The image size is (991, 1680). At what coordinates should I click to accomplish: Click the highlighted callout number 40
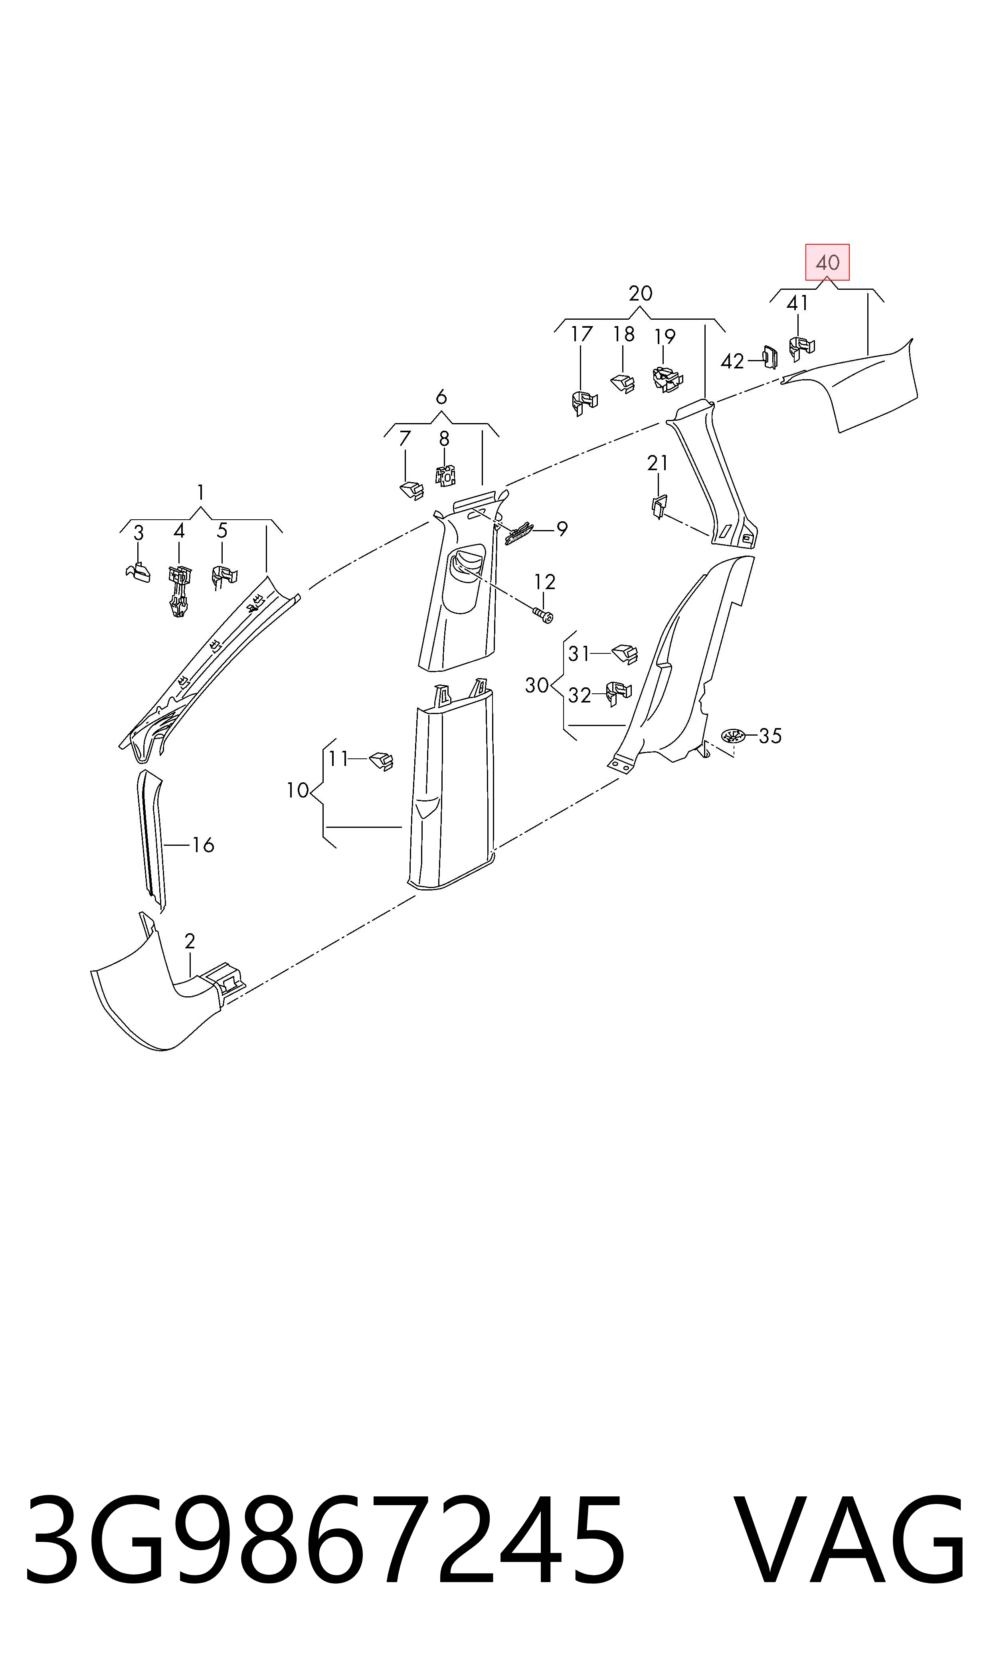pyautogui.click(x=827, y=262)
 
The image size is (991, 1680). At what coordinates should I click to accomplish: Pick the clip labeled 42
pyautogui.click(x=770, y=357)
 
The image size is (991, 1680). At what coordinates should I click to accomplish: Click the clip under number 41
pyautogui.click(x=801, y=349)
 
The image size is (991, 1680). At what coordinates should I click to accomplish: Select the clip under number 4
pyautogui.click(x=179, y=592)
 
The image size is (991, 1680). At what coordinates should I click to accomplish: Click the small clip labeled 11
pyautogui.click(x=381, y=761)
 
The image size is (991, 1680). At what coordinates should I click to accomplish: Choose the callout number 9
pyautogui.click(x=562, y=530)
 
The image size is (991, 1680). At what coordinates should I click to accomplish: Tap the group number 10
pyautogui.click(x=297, y=791)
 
